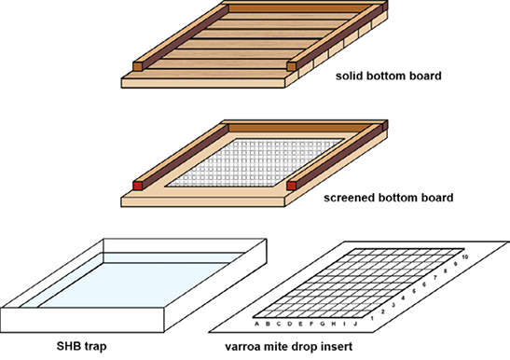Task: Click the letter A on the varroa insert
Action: pos(255,325)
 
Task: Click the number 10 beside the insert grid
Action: pos(463,256)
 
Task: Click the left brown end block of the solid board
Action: pos(139,65)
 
